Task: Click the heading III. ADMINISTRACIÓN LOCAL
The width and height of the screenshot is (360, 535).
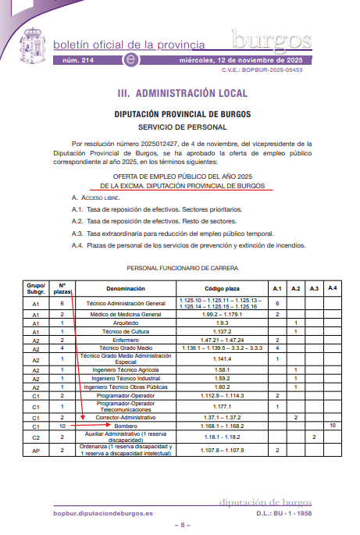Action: (182, 93)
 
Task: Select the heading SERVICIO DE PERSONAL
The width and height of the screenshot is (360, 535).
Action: (182, 126)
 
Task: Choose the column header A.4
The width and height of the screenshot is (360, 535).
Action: (333, 288)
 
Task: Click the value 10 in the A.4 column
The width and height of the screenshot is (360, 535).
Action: (333, 426)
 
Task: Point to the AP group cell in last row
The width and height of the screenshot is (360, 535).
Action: (36, 451)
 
